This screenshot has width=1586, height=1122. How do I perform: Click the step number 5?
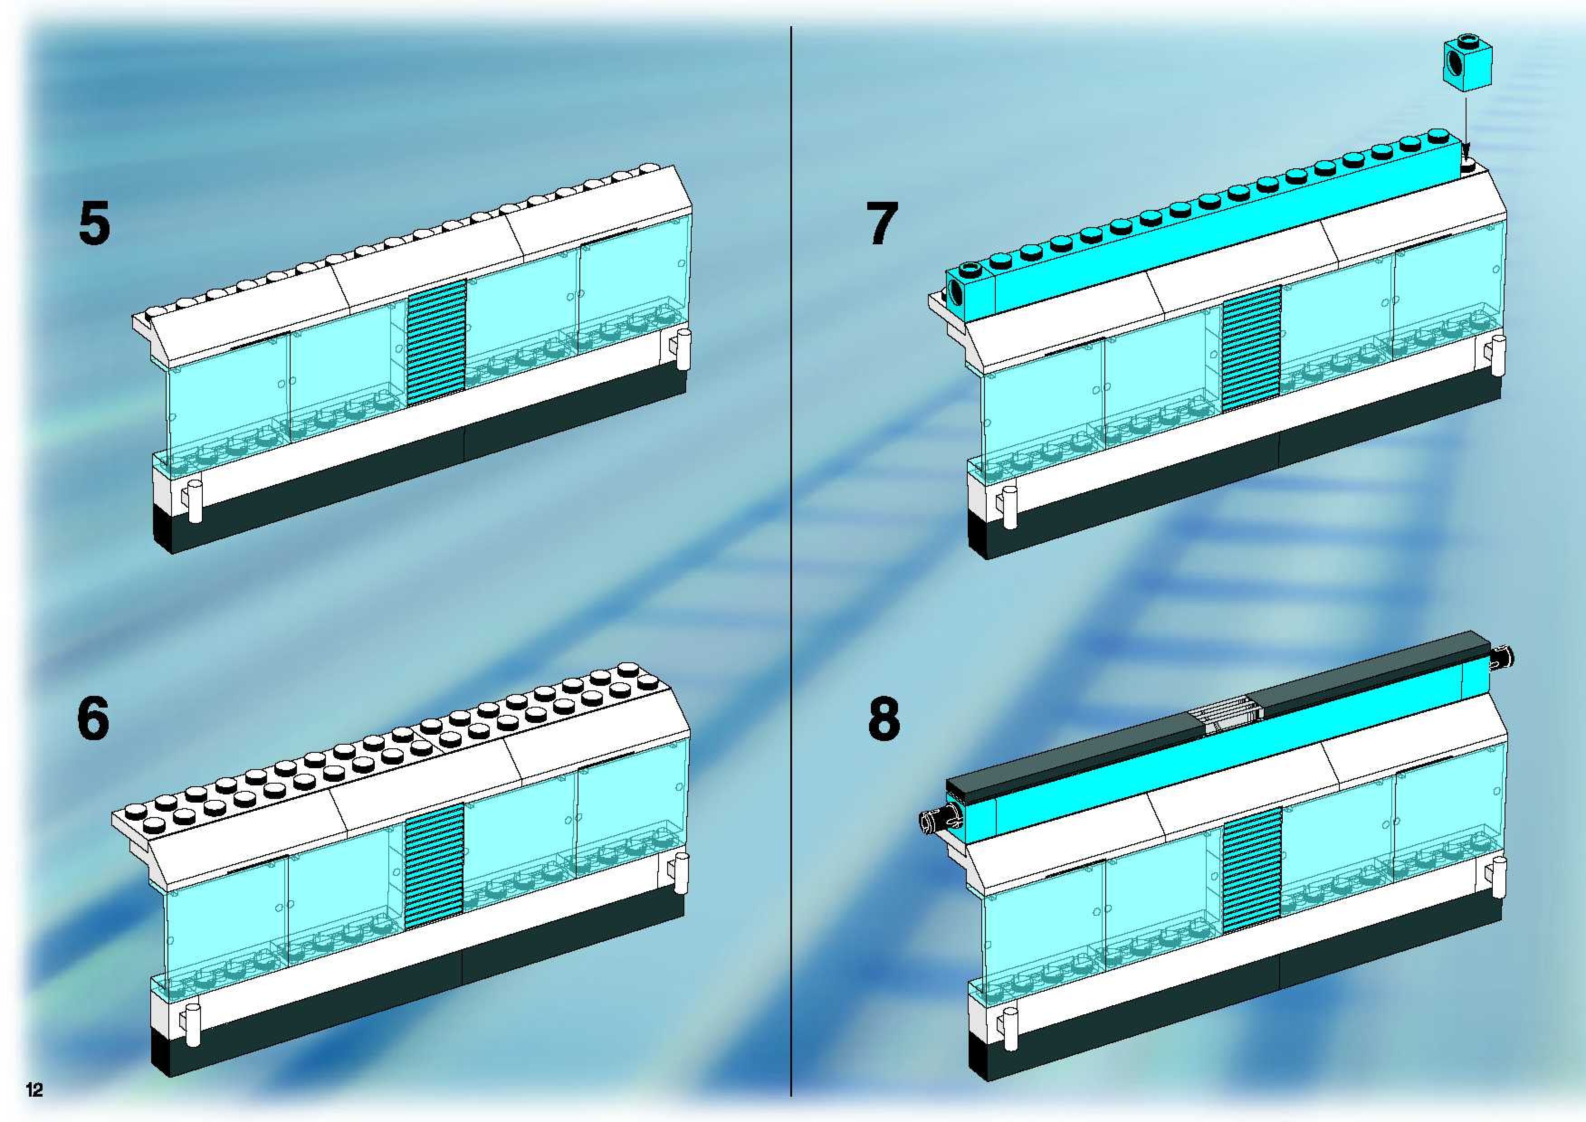pyautogui.click(x=94, y=224)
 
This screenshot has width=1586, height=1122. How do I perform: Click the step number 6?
pyautogui.click(x=93, y=718)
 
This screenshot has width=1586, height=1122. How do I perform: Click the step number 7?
pyautogui.click(x=883, y=224)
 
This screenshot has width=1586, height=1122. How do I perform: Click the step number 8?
pyautogui.click(x=884, y=718)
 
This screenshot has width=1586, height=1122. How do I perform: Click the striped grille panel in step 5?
pyautogui.click(x=436, y=342)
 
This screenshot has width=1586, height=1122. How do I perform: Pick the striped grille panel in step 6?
pyautogui.click(x=434, y=864)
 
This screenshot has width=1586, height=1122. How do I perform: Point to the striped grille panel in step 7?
pyautogui.click(x=1251, y=348)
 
